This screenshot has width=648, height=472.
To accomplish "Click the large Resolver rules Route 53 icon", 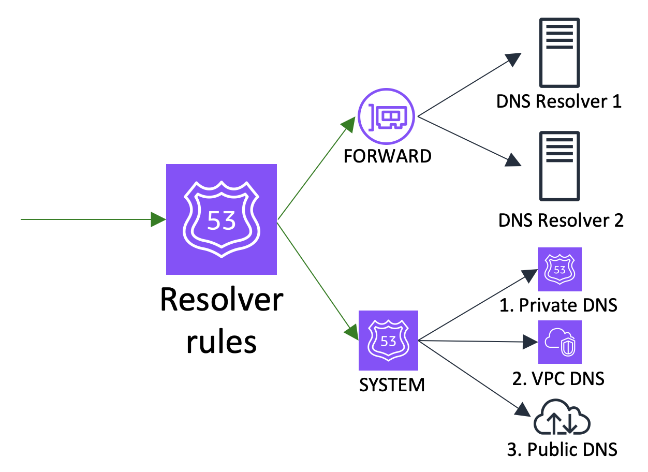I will (x=222, y=219).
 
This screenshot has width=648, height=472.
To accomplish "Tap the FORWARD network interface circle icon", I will (x=387, y=117).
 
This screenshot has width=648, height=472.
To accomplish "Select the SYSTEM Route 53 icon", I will (x=388, y=340).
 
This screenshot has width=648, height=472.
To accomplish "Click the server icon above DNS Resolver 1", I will (x=559, y=53).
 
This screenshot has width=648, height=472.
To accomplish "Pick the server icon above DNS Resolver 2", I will (x=559, y=166).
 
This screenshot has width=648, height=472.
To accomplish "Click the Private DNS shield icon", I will (x=559, y=269).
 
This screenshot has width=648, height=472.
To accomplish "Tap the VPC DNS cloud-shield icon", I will (x=559, y=342).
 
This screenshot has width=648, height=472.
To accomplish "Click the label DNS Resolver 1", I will (x=559, y=101).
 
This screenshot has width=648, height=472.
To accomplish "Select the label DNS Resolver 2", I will (x=561, y=220).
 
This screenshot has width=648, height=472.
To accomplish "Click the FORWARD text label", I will (x=388, y=156).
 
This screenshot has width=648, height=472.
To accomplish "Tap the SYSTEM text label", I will (x=392, y=385).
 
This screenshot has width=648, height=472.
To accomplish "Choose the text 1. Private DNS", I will (x=558, y=305).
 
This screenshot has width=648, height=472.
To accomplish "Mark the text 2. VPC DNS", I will (x=558, y=379).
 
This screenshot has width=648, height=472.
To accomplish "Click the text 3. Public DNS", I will (x=562, y=449).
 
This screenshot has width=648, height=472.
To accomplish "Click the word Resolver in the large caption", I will (x=222, y=300).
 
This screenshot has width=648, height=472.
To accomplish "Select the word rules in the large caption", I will (x=222, y=342).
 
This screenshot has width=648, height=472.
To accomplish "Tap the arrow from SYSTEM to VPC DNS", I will (x=476, y=341).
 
